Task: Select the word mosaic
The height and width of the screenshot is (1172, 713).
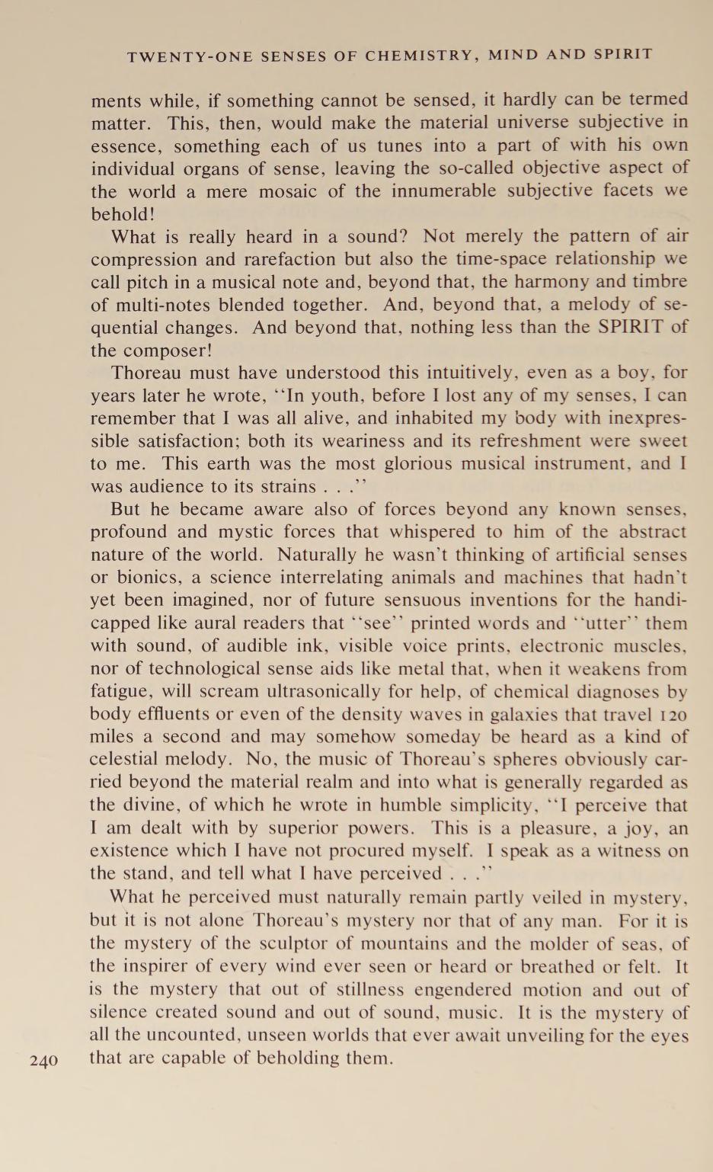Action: click(287, 191)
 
